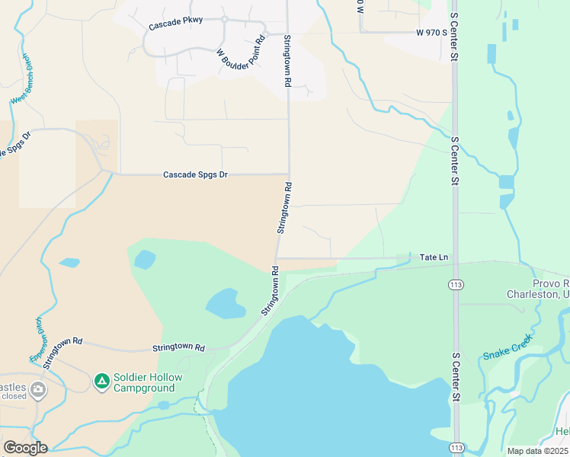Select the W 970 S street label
pos(430,33)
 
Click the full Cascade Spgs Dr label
pos(196,174)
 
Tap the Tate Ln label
pos(434,257)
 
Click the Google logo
pos(25,448)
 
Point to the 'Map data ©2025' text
pos(537,451)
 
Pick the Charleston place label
pos(538,294)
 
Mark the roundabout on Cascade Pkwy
pos(226,19)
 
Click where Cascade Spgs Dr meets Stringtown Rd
pos(289,174)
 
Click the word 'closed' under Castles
pos(14,396)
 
